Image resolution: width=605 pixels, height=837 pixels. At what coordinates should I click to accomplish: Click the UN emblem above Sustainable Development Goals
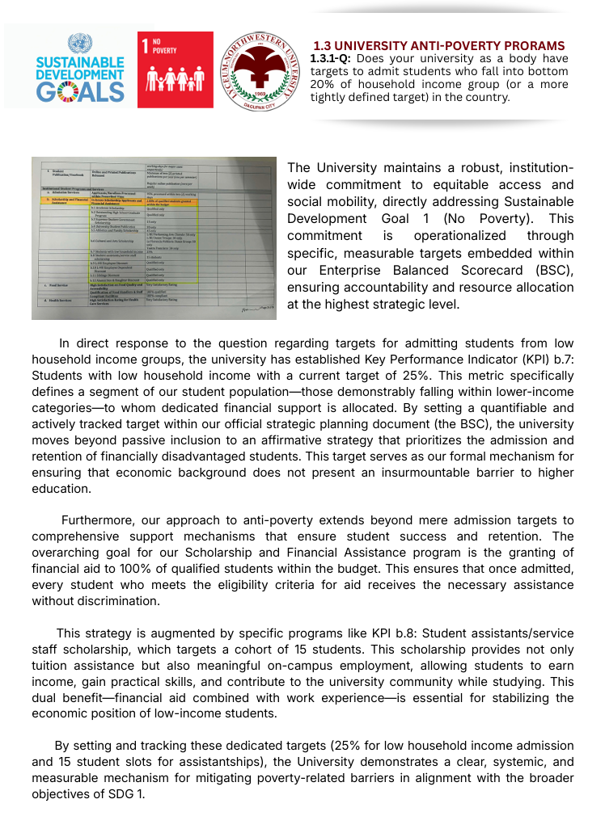(x=81, y=44)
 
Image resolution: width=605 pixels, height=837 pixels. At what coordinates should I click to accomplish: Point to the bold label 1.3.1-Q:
(x=332, y=59)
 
